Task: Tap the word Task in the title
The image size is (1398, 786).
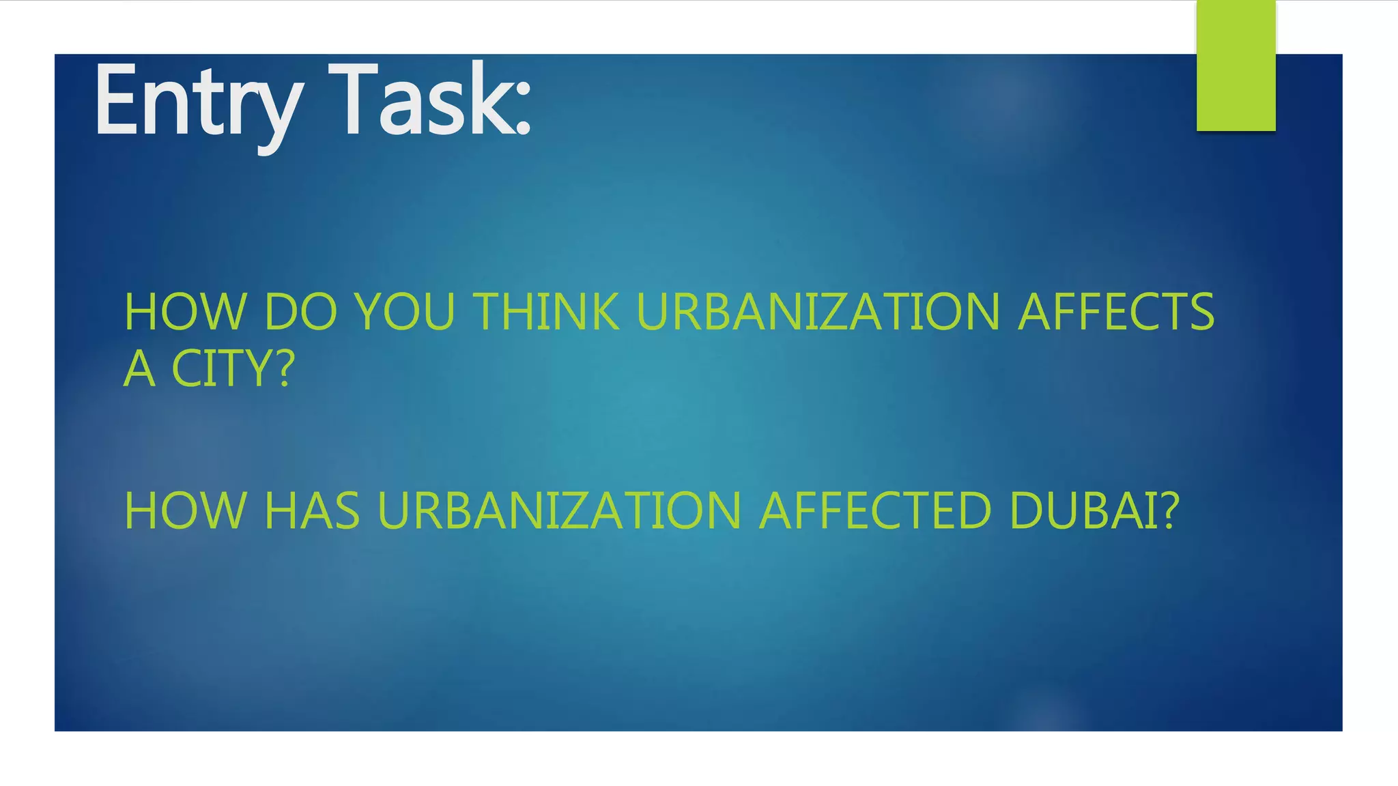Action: point(420,100)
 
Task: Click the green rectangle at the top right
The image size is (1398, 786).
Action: point(1236,65)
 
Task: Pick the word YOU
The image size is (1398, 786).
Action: point(405,312)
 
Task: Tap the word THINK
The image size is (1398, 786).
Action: point(547,312)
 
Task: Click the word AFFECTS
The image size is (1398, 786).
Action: point(1116,312)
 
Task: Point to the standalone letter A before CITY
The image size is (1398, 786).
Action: point(139,369)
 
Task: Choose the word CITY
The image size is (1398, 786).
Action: point(222,369)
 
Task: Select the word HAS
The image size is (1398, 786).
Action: point(311,510)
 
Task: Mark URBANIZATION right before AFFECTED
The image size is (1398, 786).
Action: point(559,510)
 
